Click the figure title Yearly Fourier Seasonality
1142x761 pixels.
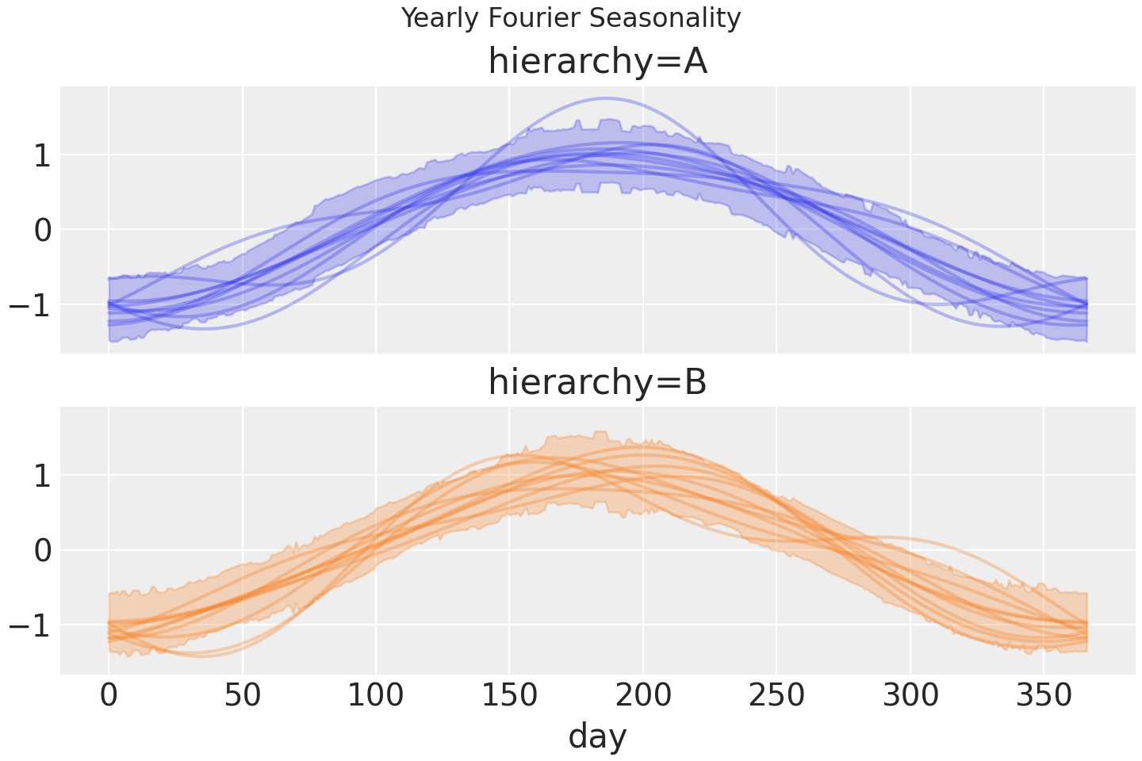(571, 17)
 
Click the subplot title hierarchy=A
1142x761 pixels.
(597, 62)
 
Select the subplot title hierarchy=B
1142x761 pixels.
(597, 382)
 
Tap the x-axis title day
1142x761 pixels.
(597, 736)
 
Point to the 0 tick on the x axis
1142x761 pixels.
(109, 696)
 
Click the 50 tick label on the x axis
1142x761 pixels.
(242, 696)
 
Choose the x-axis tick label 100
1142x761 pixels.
(376, 696)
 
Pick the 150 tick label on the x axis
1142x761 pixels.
(509, 696)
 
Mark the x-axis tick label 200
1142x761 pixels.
(643, 696)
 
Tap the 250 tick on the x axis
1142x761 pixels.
(776, 696)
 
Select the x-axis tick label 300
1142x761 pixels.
(910, 696)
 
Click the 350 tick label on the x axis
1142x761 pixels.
(1044, 696)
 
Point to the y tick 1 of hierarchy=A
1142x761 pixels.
(41, 155)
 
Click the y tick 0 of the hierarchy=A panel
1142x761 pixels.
(41, 230)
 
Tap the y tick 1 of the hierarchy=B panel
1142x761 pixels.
(41, 476)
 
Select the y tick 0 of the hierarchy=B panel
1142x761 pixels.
(41, 550)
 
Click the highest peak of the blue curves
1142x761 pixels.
(606, 98)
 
